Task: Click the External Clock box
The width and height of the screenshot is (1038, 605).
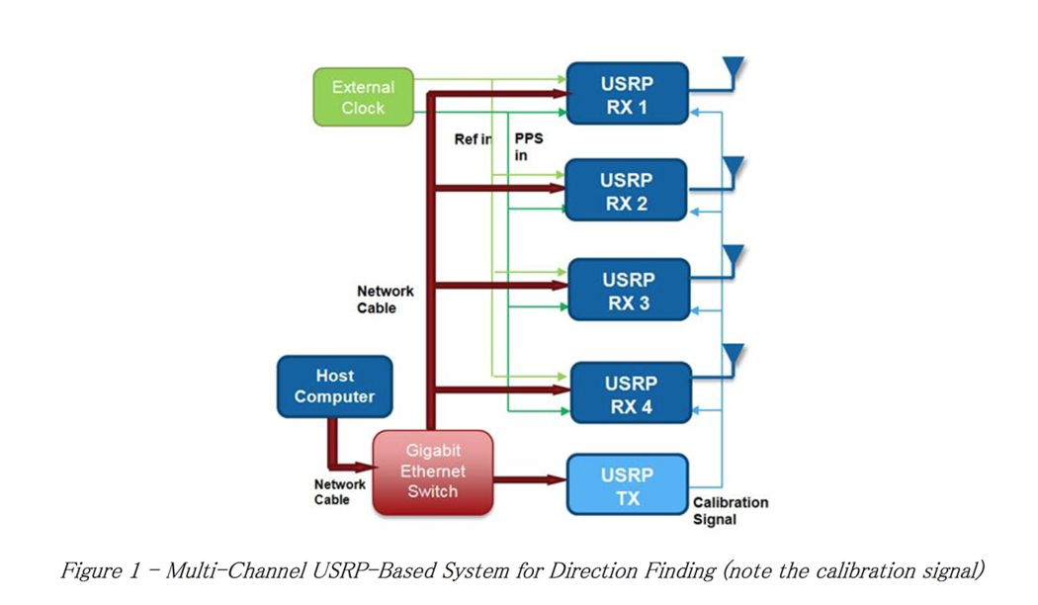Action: (x=363, y=97)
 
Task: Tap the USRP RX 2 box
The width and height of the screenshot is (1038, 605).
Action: (x=626, y=192)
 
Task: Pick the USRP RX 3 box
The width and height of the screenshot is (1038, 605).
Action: (x=628, y=291)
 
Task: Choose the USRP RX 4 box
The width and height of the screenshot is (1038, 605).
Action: (x=630, y=393)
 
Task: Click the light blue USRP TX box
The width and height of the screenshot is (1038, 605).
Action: (x=627, y=485)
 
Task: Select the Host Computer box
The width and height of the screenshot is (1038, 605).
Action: (x=334, y=387)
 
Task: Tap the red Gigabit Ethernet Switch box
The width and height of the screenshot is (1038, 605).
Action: (x=431, y=472)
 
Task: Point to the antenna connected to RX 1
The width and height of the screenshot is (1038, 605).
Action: (x=733, y=71)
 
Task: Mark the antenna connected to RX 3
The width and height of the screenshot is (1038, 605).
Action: (x=733, y=259)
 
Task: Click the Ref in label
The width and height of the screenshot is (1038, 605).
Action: (x=473, y=139)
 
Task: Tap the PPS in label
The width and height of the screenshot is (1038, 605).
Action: (x=528, y=146)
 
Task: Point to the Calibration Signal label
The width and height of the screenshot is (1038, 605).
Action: (x=730, y=510)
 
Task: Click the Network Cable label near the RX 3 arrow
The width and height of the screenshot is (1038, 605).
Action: (x=385, y=300)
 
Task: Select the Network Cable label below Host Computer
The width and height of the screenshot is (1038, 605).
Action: (x=339, y=491)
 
